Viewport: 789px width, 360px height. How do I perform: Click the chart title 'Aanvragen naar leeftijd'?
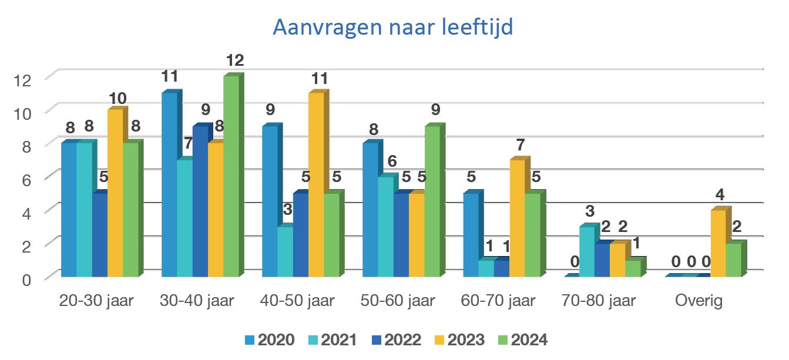(393, 28)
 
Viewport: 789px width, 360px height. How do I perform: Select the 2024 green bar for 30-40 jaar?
(230, 176)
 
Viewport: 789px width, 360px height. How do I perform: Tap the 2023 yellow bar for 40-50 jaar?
(315, 185)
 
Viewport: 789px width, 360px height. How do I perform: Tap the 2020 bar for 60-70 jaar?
(471, 235)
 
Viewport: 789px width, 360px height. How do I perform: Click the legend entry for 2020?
(270, 340)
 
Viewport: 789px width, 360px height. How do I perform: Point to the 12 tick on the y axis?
(22, 80)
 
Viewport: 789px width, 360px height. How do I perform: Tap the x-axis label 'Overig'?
(699, 301)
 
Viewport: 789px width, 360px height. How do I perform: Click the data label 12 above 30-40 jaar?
(234, 60)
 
